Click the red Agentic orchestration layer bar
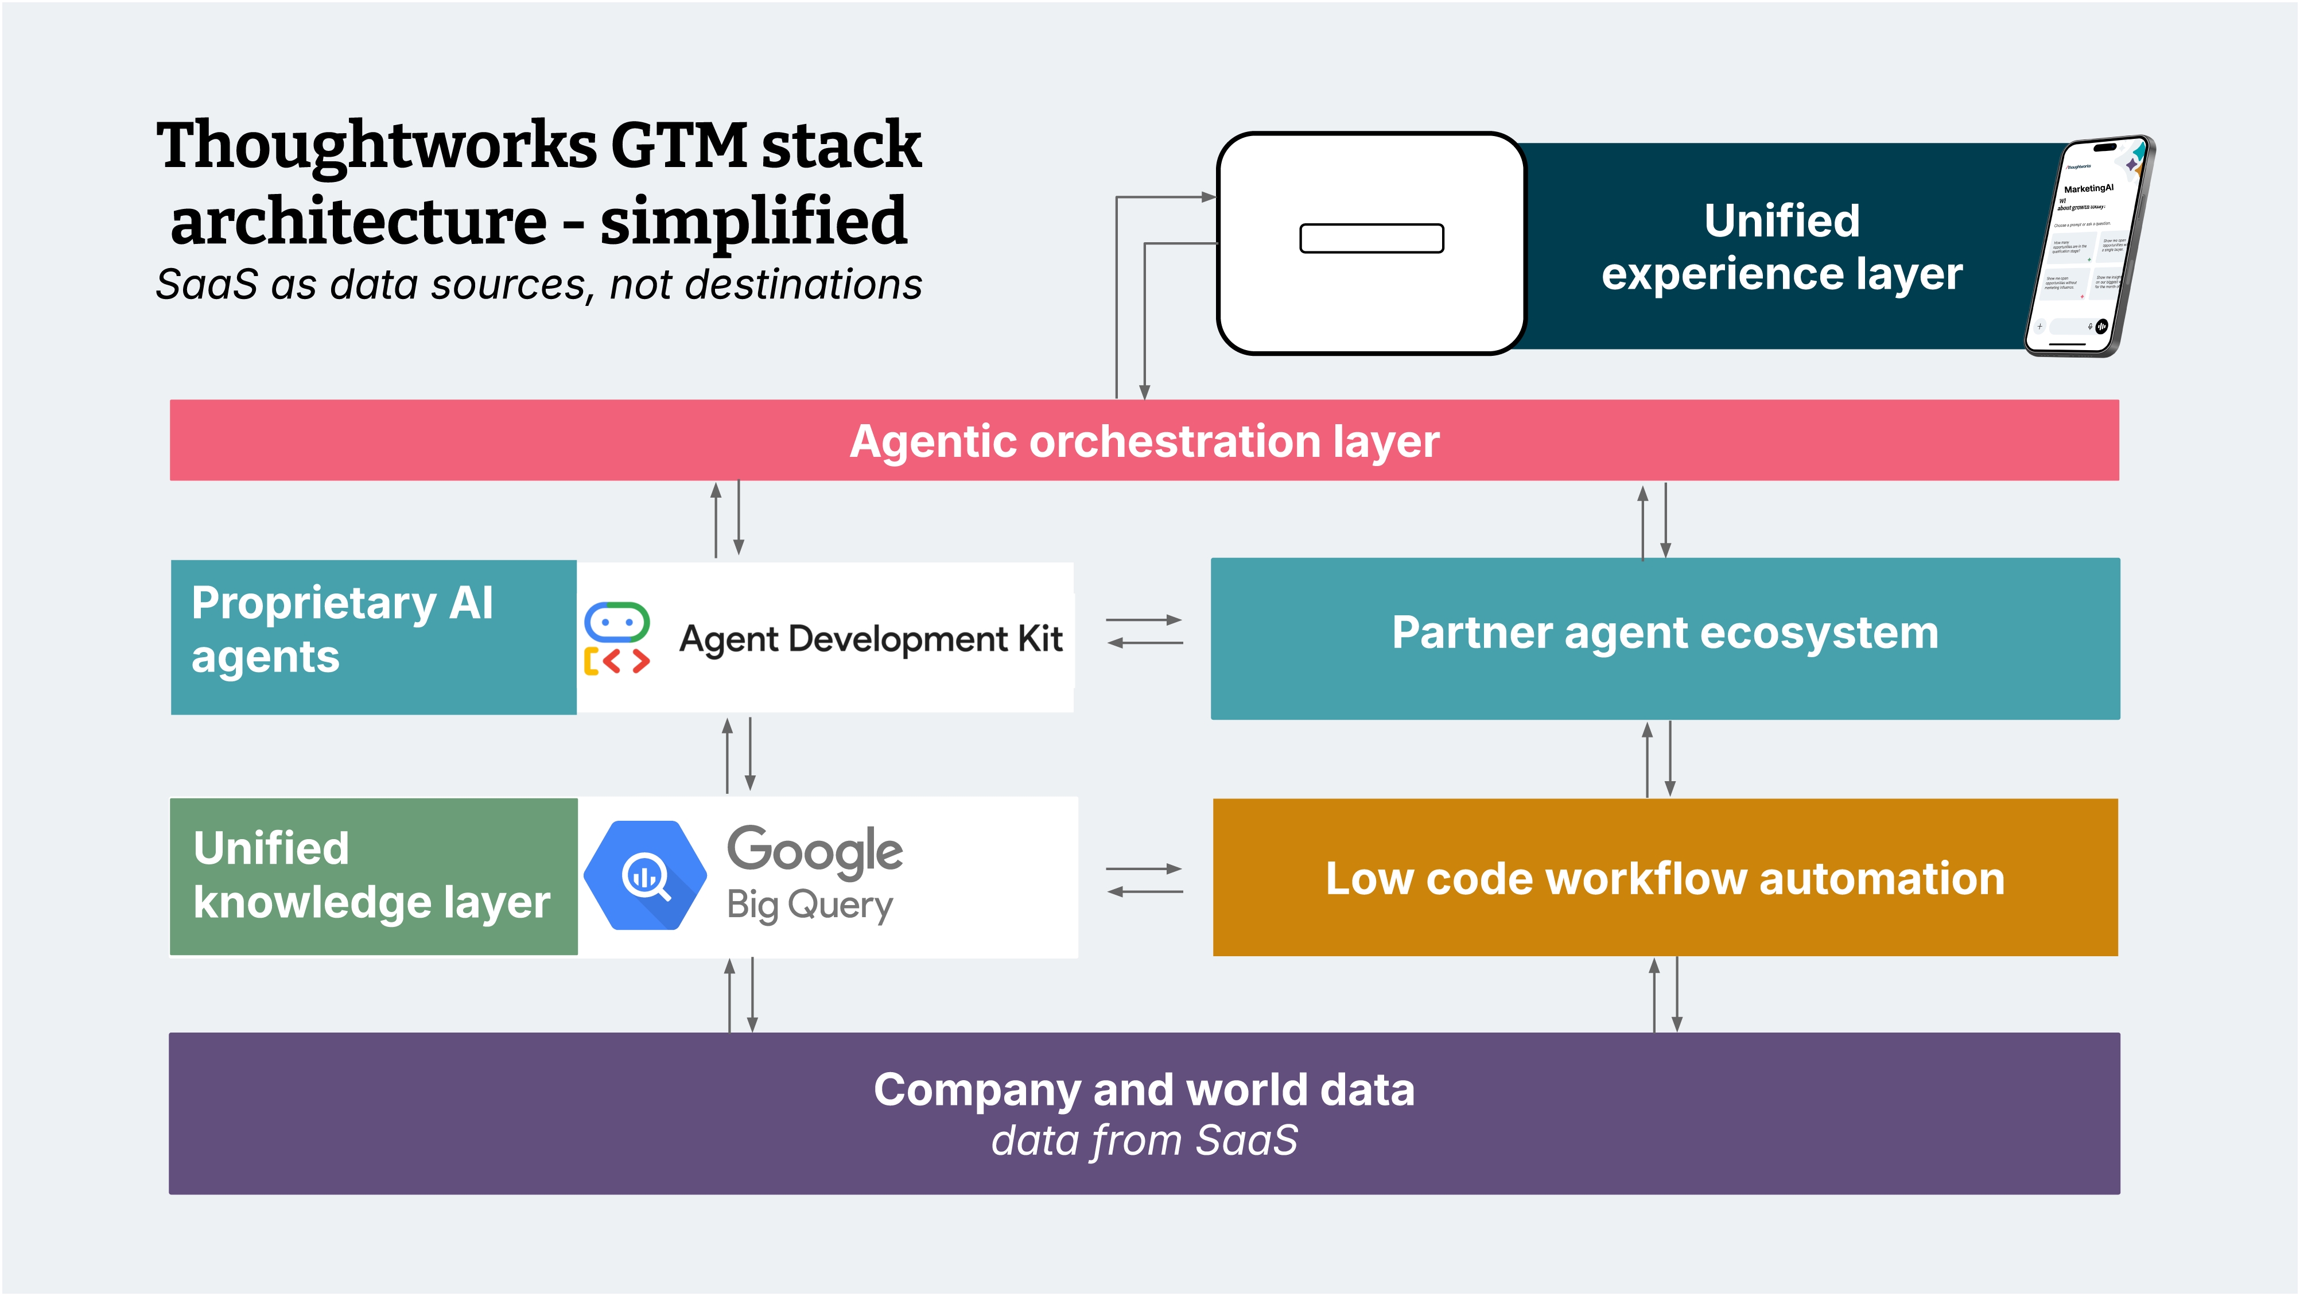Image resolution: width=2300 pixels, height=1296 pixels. point(1144,440)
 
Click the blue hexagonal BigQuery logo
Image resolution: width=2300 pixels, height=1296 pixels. point(644,875)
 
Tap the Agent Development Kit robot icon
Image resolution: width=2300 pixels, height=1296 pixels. point(616,638)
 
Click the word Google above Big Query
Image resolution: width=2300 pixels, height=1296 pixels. point(814,850)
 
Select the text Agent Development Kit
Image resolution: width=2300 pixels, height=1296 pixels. point(871,639)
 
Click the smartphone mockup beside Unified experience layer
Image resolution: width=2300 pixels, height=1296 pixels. point(2089,246)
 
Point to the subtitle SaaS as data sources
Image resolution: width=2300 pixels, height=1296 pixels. point(538,285)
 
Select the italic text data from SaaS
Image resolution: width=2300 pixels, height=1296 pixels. point(1144,1140)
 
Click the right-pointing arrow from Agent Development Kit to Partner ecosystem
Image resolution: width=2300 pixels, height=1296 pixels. point(1145,620)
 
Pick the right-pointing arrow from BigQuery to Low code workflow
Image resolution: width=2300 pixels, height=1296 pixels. point(1145,868)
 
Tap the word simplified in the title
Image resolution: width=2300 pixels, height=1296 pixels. point(753,222)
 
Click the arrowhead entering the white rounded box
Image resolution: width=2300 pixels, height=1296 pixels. point(1209,196)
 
